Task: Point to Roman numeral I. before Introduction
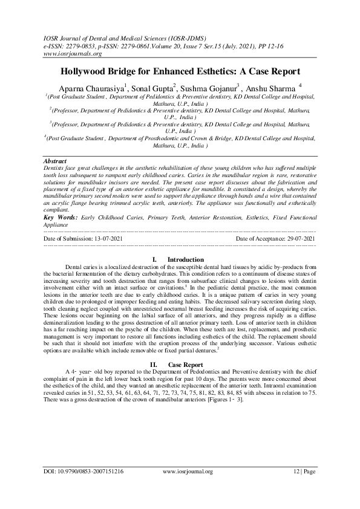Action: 155,259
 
